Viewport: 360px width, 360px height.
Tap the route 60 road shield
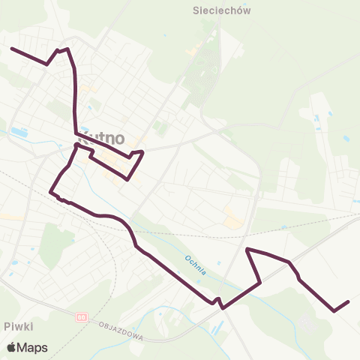click(80, 318)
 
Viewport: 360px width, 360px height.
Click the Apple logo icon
click(11, 347)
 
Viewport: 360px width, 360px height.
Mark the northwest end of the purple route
click(12, 49)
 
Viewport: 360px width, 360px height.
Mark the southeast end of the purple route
click(349, 301)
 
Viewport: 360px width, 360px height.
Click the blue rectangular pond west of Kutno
click(19, 133)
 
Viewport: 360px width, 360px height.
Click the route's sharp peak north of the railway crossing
click(247, 248)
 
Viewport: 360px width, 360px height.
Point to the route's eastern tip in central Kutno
click(142, 151)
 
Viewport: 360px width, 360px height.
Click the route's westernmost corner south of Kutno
click(51, 192)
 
